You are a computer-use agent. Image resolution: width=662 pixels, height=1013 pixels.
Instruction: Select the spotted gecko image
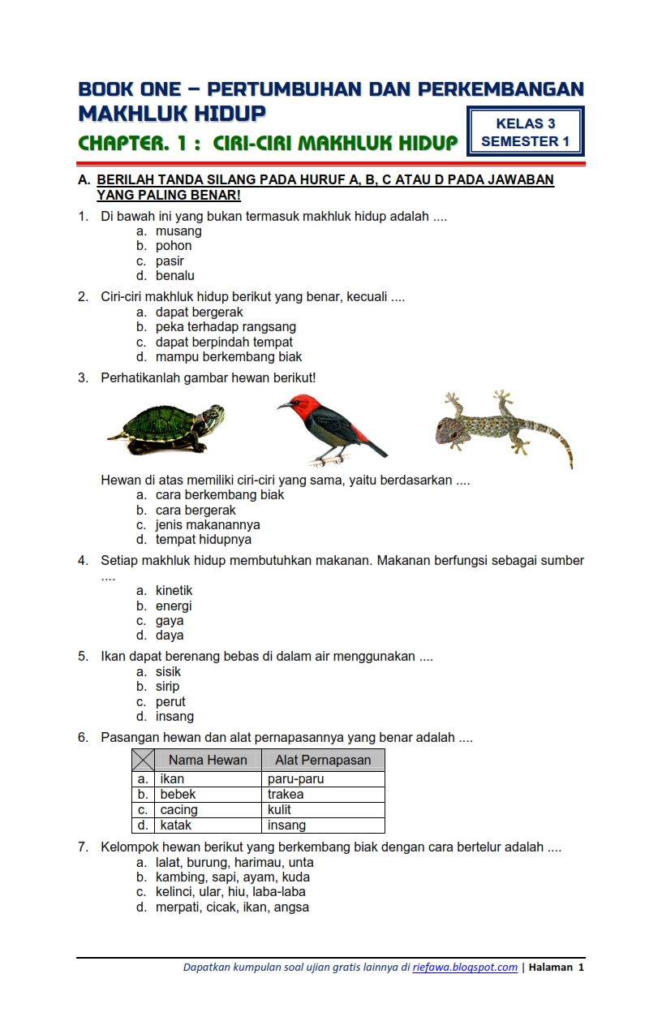(503, 427)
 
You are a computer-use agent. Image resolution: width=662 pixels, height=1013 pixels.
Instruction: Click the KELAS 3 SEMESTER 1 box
(526, 132)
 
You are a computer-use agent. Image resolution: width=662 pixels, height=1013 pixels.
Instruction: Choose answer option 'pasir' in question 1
(170, 261)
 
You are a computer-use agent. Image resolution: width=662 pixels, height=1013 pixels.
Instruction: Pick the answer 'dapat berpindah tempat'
(224, 343)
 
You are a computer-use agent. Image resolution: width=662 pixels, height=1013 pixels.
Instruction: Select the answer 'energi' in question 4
(174, 606)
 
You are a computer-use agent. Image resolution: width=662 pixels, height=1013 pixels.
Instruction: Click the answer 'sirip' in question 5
(167, 687)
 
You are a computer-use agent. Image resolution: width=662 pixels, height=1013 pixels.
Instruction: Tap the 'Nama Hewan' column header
(208, 761)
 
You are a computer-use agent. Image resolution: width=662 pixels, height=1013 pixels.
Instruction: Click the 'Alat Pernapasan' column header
(323, 761)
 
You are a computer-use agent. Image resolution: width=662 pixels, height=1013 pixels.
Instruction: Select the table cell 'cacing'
(178, 810)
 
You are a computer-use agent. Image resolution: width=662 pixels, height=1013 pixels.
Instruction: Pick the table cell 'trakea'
(286, 795)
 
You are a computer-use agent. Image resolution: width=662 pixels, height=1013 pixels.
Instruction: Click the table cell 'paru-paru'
(296, 779)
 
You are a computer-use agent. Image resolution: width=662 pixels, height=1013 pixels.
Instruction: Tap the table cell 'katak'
(176, 825)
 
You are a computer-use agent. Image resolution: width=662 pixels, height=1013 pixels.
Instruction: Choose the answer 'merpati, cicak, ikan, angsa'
(232, 907)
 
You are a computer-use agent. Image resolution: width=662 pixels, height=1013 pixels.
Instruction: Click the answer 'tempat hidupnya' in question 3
(204, 540)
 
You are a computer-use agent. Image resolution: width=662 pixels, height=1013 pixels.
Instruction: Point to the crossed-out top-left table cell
(144, 761)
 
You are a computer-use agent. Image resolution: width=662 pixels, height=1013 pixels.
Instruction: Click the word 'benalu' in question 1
(175, 276)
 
